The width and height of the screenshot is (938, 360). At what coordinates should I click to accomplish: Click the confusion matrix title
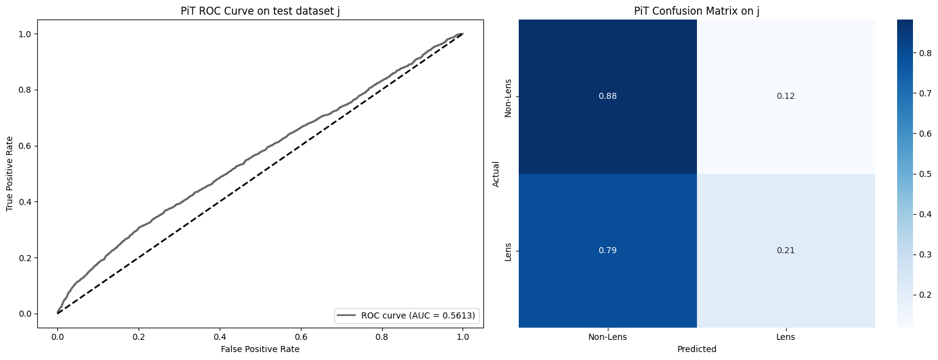(696, 10)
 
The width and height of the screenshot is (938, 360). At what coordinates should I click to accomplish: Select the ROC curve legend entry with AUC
(407, 315)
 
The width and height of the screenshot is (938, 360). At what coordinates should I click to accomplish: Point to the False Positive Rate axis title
(261, 349)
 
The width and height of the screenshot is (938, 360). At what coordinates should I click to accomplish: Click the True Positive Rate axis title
(10, 174)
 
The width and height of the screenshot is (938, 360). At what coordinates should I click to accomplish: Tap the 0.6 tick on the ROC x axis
(381, 336)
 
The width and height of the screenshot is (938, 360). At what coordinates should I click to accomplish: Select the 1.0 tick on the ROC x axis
(463, 336)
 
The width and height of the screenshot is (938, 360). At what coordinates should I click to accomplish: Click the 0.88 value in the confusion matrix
(608, 96)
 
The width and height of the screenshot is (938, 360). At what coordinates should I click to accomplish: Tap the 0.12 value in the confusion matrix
(786, 96)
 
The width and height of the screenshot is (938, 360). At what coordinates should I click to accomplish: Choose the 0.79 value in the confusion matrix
(608, 250)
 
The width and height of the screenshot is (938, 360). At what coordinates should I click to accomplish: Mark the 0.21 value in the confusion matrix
(786, 250)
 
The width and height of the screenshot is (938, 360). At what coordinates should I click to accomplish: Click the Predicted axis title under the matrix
(696, 350)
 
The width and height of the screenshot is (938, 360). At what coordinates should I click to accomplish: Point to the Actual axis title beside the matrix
(496, 174)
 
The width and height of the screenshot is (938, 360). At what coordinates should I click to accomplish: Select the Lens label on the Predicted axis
(786, 336)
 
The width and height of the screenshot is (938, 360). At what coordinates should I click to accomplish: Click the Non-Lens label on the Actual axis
(508, 96)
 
